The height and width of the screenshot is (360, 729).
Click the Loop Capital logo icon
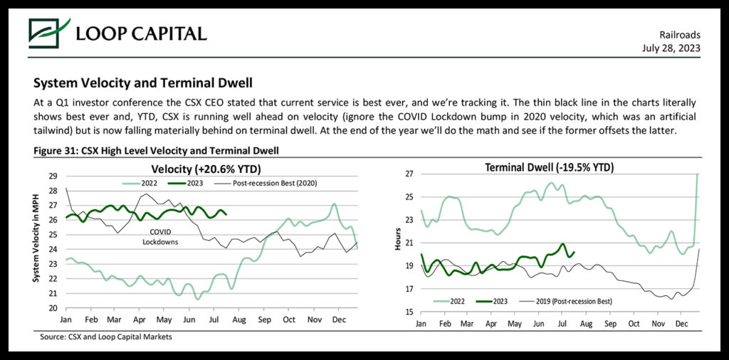tap(49, 32)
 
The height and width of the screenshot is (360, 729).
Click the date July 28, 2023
tap(671, 48)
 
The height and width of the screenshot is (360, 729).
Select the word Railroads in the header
tap(680, 34)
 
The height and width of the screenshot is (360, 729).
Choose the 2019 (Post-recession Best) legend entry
tap(574, 301)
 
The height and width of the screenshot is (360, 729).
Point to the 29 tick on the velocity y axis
tap(53, 176)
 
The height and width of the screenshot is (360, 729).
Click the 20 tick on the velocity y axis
tap(53, 309)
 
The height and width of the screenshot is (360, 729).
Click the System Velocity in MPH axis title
tap(36, 242)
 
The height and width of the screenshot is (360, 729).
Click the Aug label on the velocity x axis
tap(239, 320)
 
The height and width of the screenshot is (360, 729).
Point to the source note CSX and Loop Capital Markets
tap(106, 337)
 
